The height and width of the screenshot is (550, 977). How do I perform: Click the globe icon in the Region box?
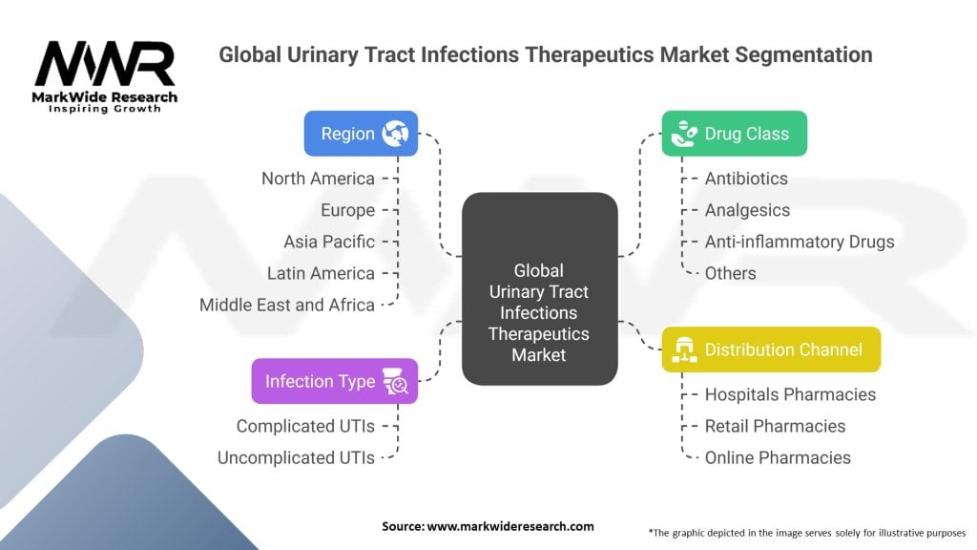(395, 134)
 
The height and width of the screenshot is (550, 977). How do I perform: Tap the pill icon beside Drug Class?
(683, 134)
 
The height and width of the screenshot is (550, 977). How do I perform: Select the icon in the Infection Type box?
(395, 382)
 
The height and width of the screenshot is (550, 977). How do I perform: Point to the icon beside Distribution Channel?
(683, 349)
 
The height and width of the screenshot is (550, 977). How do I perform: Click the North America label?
(318, 179)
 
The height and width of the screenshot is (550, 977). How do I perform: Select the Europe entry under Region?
(348, 210)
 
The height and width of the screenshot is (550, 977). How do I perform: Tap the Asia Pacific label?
(329, 242)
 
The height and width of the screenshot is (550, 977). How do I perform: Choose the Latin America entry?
(321, 273)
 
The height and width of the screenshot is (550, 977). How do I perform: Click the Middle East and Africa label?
(287, 305)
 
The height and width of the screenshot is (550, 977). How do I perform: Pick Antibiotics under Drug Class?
(746, 179)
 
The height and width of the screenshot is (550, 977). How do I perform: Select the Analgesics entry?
(747, 210)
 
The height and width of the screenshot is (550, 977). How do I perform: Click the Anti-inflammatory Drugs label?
(800, 242)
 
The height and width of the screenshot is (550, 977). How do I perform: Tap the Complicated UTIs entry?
(305, 426)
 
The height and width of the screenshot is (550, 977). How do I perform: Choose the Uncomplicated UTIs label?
(296, 457)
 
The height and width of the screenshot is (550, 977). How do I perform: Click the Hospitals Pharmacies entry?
(790, 394)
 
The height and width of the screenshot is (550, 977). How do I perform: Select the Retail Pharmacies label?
(775, 426)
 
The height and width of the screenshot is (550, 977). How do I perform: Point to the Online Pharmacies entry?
(778, 457)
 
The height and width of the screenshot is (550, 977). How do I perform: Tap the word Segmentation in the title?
(804, 54)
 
